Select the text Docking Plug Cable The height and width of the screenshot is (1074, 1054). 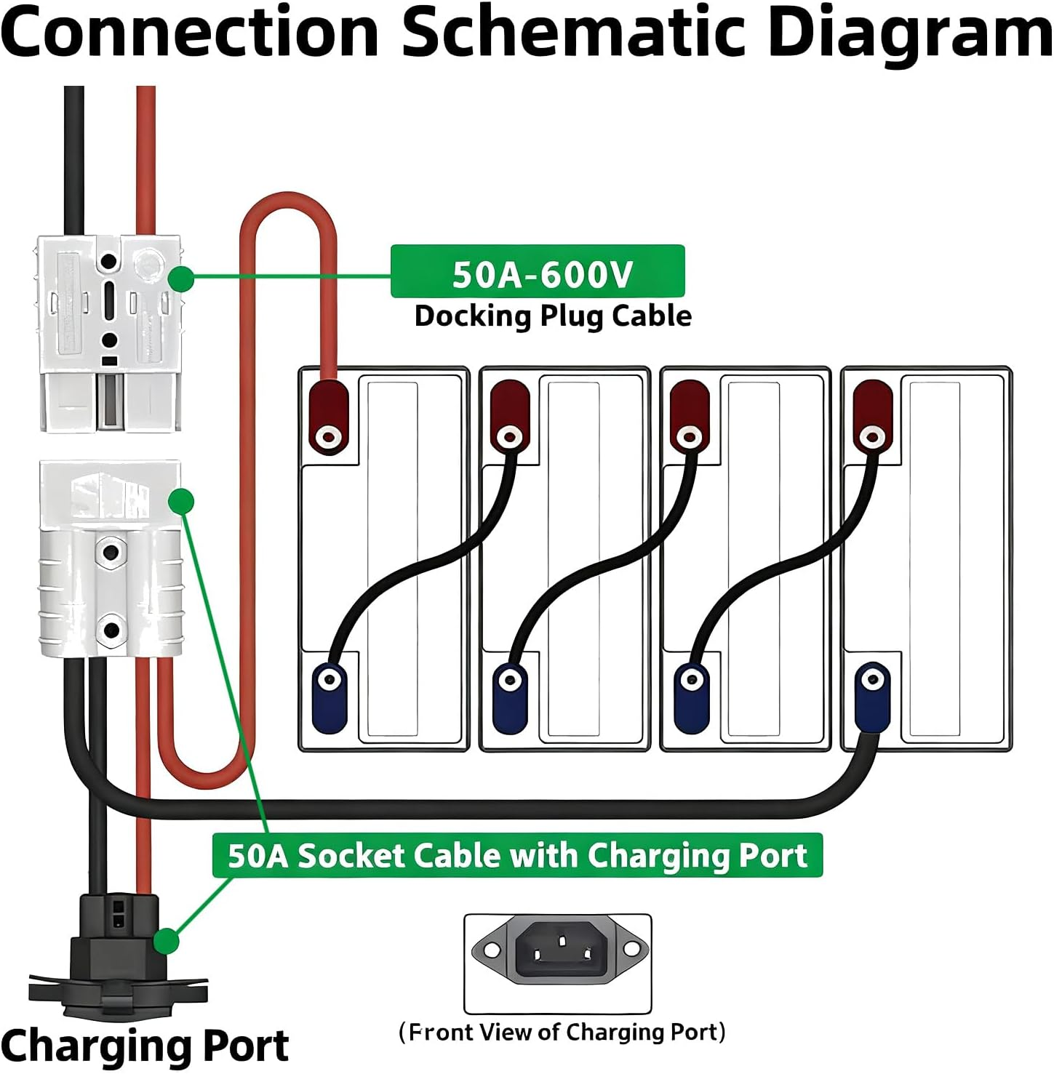[x=553, y=316]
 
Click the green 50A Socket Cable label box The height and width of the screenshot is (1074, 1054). [x=516, y=856]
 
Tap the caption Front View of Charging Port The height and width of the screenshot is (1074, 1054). [x=562, y=1032]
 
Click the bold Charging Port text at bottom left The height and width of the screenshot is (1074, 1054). [x=145, y=1046]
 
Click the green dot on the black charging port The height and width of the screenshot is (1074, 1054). [x=167, y=941]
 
